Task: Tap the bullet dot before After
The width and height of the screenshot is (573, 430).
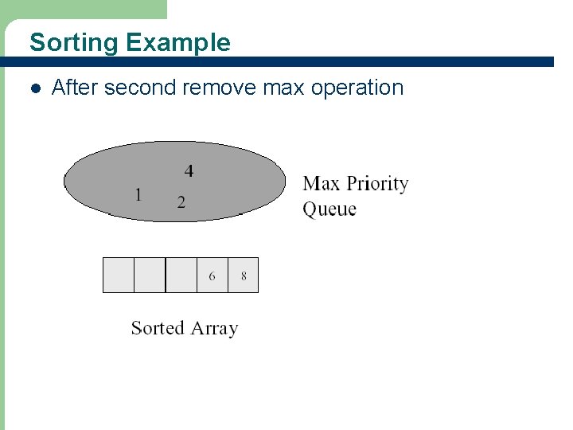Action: pyautogui.click(x=34, y=88)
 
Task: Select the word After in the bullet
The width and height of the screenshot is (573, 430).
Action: pyautogui.click(x=75, y=88)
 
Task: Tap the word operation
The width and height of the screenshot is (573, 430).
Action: pyautogui.click(x=357, y=88)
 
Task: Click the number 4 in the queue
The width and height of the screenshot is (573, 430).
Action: pyautogui.click(x=189, y=170)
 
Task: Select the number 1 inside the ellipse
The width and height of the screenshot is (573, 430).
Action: pyautogui.click(x=138, y=194)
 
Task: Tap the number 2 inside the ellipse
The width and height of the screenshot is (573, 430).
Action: pyautogui.click(x=181, y=202)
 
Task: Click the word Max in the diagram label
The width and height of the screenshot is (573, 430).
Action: pyautogui.click(x=321, y=184)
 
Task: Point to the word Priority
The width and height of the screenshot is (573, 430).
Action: pyautogui.click(x=377, y=184)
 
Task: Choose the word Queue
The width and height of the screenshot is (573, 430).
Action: pyautogui.click(x=329, y=209)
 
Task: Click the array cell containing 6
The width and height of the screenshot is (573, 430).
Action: pyautogui.click(x=212, y=276)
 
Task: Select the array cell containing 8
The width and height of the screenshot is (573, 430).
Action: pyautogui.click(x=243, y=276)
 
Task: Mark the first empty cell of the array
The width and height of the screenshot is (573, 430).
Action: pyautogui.click(x=119, y=276)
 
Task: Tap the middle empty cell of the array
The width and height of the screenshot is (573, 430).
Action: pyautogui.click(x=150, y=276)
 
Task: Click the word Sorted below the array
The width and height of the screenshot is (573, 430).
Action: pyautogui.click(x=158, y=328)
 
